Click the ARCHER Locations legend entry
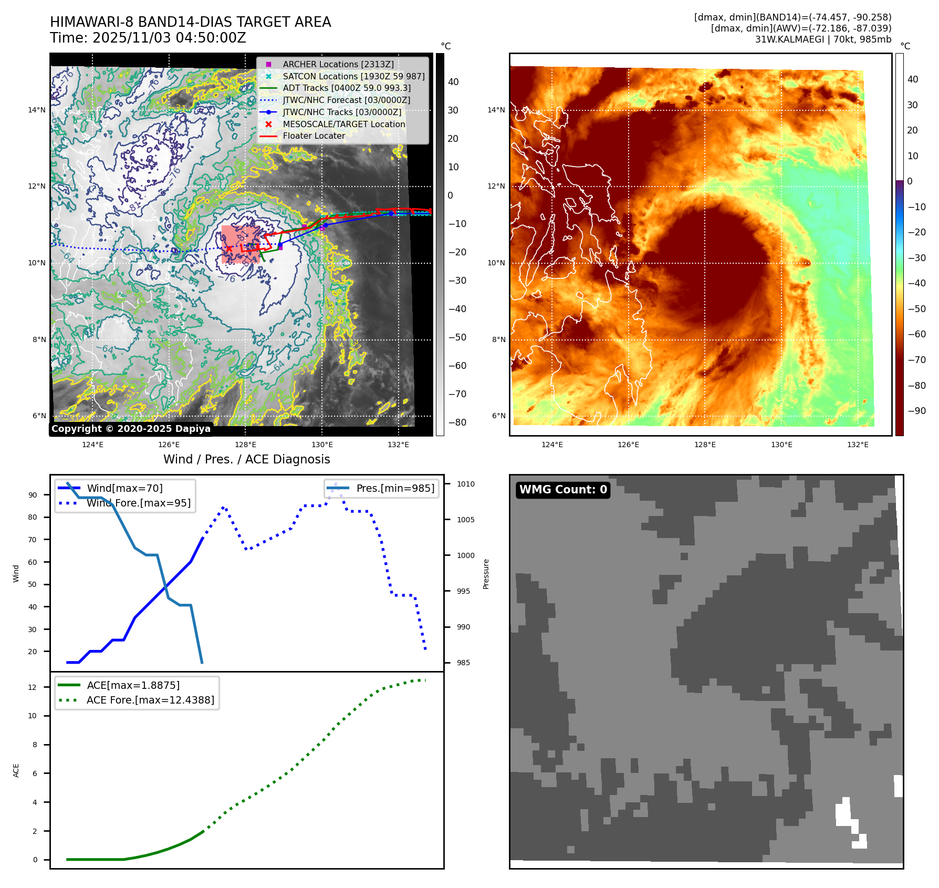tap(338, 64)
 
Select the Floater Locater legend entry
tap(314, 136)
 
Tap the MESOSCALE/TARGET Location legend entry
tap(343, 124)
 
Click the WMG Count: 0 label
tap(563, 490)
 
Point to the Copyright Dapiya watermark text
tap(131, 429)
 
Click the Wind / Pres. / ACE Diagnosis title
tap(246, 459)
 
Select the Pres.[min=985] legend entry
tap(395, 488)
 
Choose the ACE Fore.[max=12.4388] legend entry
tap(150, 700)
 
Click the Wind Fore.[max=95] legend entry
tap(139, 503)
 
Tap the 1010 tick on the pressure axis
tap(465, 484)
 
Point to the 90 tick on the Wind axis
tap(33, 495)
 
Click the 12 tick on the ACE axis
tap(33, 687)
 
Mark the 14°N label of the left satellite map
tap(37, 110)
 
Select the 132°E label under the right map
tap(858, 445)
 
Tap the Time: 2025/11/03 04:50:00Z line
tap(148, 38)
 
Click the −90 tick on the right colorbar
tap(916, 411)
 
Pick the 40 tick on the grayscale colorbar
tap(453, 82)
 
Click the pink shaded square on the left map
tap(241, 244)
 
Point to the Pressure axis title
tap(486, 574)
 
